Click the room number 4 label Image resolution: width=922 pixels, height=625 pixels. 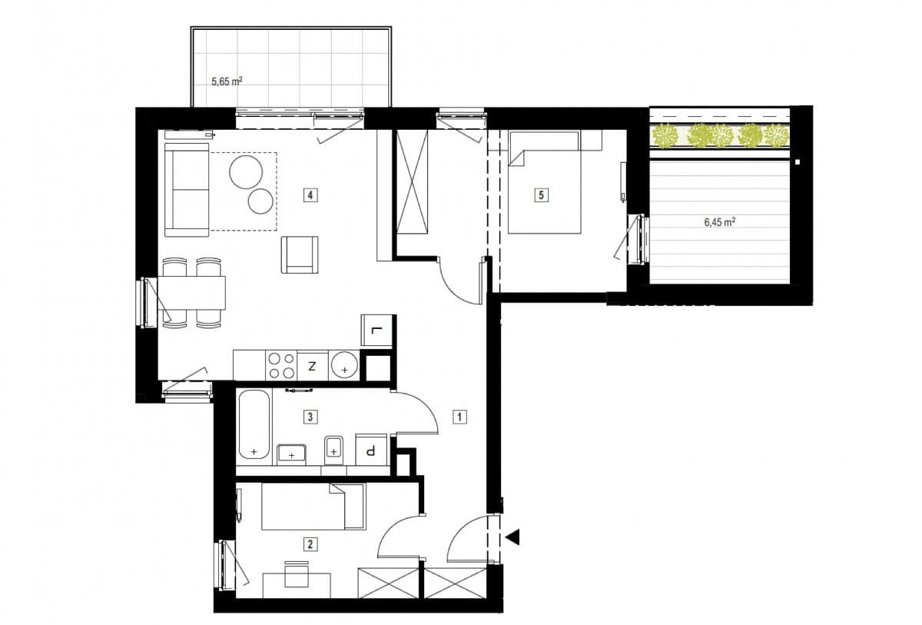click(310, 194)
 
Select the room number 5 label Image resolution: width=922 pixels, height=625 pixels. click(541, 194)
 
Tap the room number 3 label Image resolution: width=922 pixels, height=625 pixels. click(310, 417)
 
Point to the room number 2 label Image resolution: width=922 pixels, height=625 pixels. click(310, 544)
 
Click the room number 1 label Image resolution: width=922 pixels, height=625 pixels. click(459, 417)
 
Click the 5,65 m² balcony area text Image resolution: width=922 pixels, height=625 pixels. click(227, 81)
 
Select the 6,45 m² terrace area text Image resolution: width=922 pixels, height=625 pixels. click(720, 222)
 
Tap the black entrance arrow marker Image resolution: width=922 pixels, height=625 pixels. click(513, 537)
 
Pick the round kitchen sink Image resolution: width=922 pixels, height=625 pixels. click(344, 365)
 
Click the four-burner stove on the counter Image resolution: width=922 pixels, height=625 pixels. click(281, 365)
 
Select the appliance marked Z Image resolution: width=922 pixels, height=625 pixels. click(313, 365)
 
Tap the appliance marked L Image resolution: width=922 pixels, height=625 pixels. click(376, 331)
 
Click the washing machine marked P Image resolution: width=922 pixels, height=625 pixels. click(371, 450)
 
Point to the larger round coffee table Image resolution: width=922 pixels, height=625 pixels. click(246, 171)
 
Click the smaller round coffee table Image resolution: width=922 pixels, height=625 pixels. click(260, 201)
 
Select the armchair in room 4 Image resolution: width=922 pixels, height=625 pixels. click(300, 254)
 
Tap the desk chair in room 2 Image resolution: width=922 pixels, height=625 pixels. click(297, 574)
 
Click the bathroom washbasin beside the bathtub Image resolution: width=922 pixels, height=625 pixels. click(291, 454)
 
